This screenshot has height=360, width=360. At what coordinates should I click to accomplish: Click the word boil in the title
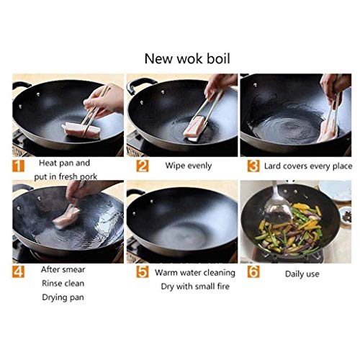tap(218, 58)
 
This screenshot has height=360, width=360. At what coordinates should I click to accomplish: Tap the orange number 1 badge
tap(18, 166)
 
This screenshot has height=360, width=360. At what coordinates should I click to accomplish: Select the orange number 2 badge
tap(143, 166)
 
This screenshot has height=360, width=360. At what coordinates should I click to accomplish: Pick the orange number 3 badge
tap(253, 166)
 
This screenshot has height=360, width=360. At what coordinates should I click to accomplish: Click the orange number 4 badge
tap(18, 271)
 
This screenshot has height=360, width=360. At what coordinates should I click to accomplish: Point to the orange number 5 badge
tap(143, 271)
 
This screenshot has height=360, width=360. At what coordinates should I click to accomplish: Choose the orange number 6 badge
tap(253, 271)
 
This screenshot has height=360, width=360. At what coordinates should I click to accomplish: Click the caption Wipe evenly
tap(189, 166)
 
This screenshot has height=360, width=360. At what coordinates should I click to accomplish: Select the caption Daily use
tap(302, 274)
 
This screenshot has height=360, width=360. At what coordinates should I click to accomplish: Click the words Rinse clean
tap(63, 283)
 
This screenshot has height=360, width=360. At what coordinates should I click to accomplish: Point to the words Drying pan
tap(63, 297)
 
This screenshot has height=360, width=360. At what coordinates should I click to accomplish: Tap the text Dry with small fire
tap(195, 287)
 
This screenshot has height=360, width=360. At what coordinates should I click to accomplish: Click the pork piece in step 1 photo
tap(81, 131)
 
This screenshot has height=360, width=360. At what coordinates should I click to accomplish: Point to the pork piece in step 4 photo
tap(66, 217)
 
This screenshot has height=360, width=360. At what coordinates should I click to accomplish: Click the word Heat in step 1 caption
tap(48, 163)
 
